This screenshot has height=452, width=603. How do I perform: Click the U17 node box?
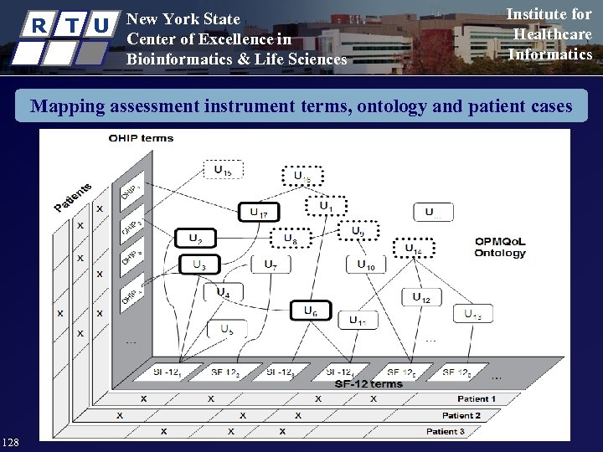pos(259,213)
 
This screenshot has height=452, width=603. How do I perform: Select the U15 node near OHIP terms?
pos(223,170)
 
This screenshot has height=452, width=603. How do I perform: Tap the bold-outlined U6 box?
pos(311,311)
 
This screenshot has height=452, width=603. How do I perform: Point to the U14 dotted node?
pos(414,249)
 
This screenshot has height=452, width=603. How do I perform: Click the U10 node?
pos(366,265)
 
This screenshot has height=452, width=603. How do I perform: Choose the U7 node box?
pos(271,265)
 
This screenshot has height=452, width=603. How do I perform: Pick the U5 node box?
pos(227,330)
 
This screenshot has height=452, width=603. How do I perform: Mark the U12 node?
pos(421,297)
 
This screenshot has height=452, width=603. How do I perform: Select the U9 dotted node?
pos(358,231)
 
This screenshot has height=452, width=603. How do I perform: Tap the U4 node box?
pos(224,293)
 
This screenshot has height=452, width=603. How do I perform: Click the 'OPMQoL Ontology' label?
pos(500,247)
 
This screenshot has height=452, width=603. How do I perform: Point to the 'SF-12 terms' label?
pos(368,384)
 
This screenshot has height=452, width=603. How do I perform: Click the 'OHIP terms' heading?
pos(141,138)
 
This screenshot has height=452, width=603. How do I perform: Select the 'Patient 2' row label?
pos(461,415)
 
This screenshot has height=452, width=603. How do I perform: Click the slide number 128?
pos(12,441)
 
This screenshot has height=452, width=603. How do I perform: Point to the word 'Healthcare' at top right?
pos(552,34)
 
